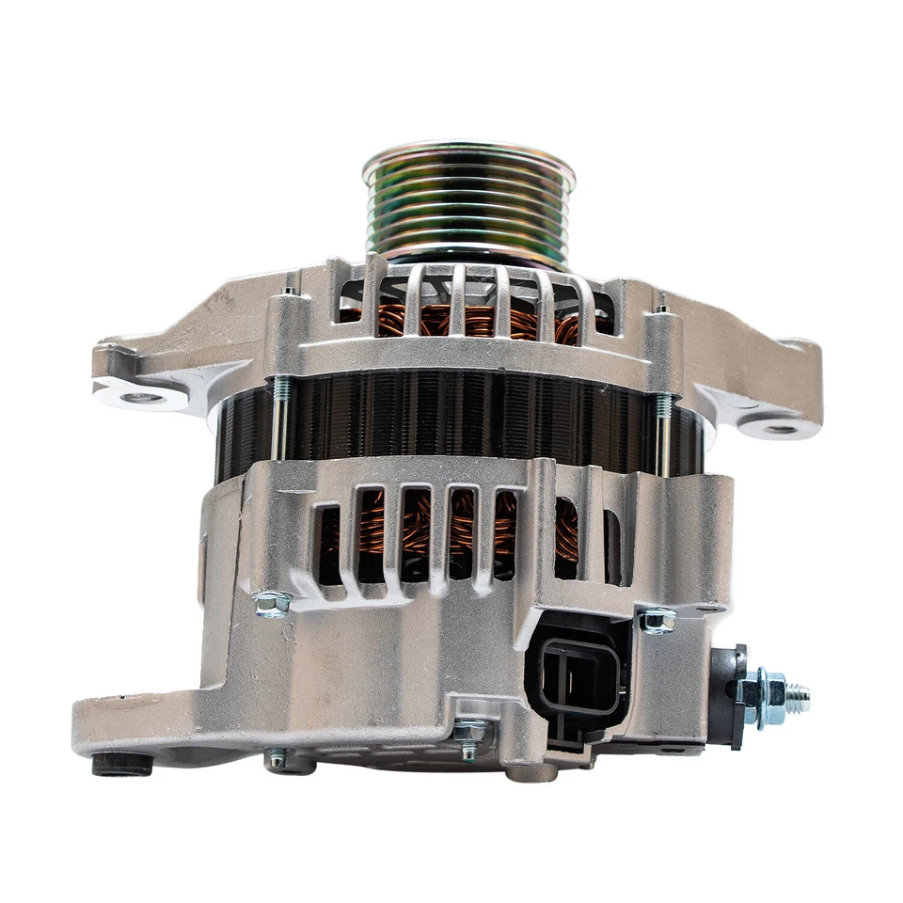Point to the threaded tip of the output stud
point(799,697)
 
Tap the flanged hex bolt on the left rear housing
point(272,602)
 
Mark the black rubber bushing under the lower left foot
point(122,764)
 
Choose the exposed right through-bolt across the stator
point(663,433)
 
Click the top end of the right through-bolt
point(662,307)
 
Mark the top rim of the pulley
point(467,150)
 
